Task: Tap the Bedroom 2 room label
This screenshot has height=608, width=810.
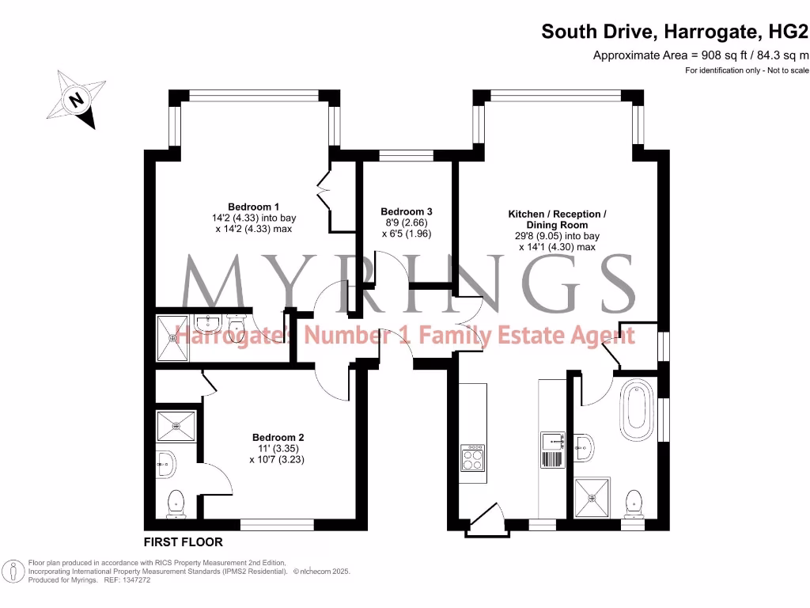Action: point(278,437)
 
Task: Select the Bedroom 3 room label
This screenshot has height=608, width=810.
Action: point(407,211)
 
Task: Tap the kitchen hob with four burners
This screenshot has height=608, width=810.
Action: point(472,458)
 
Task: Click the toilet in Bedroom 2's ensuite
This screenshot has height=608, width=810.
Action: point(176,502)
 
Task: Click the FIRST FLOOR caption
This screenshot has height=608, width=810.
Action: point(183,542)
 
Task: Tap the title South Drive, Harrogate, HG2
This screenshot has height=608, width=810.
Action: point(675,32)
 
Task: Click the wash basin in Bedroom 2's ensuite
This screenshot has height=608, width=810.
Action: point(166,464)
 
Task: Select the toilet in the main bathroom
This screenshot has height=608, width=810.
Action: point(633,502)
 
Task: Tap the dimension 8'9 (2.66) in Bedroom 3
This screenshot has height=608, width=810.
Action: point(406,222)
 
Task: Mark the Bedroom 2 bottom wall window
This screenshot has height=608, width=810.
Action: point(277,524)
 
